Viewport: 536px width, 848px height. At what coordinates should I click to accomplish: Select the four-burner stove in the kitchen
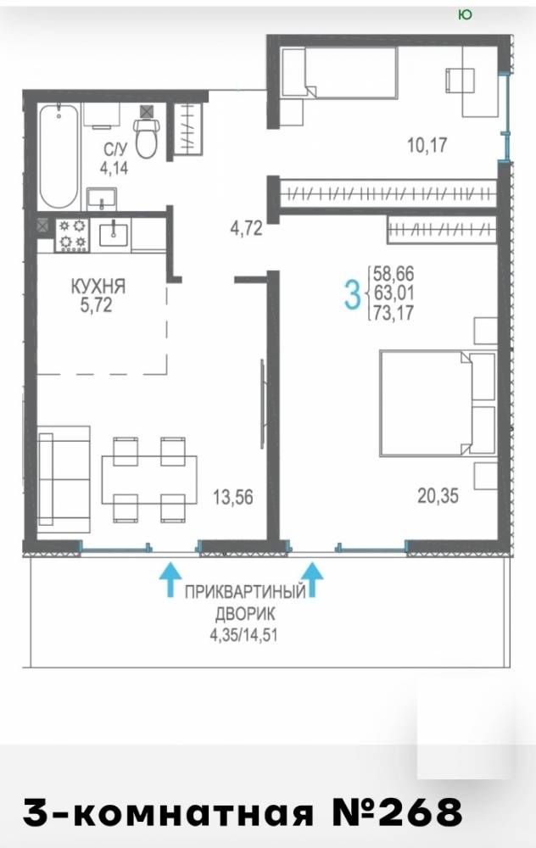(72, 235)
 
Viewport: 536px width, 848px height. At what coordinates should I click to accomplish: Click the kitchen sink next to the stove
(114, 233)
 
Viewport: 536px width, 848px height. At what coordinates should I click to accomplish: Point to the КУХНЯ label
(98, 287)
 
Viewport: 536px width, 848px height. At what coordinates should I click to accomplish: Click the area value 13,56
(233, 496)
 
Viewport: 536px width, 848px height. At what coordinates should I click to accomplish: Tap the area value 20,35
(438, 495)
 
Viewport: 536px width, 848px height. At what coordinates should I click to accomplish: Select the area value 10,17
(427, 145)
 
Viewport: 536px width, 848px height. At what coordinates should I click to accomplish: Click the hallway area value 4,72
(247, 228)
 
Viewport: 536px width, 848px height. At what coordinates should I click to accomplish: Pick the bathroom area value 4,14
(114, 168)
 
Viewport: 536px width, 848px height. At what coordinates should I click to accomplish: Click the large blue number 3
(352, 296)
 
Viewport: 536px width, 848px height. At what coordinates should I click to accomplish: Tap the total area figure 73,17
(394, 313)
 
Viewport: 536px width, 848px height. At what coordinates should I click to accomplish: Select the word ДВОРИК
(246, 613)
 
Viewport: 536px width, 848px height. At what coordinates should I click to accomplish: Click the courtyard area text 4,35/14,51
(244, 633)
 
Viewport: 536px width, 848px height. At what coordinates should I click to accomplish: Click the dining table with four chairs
(149, 479)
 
